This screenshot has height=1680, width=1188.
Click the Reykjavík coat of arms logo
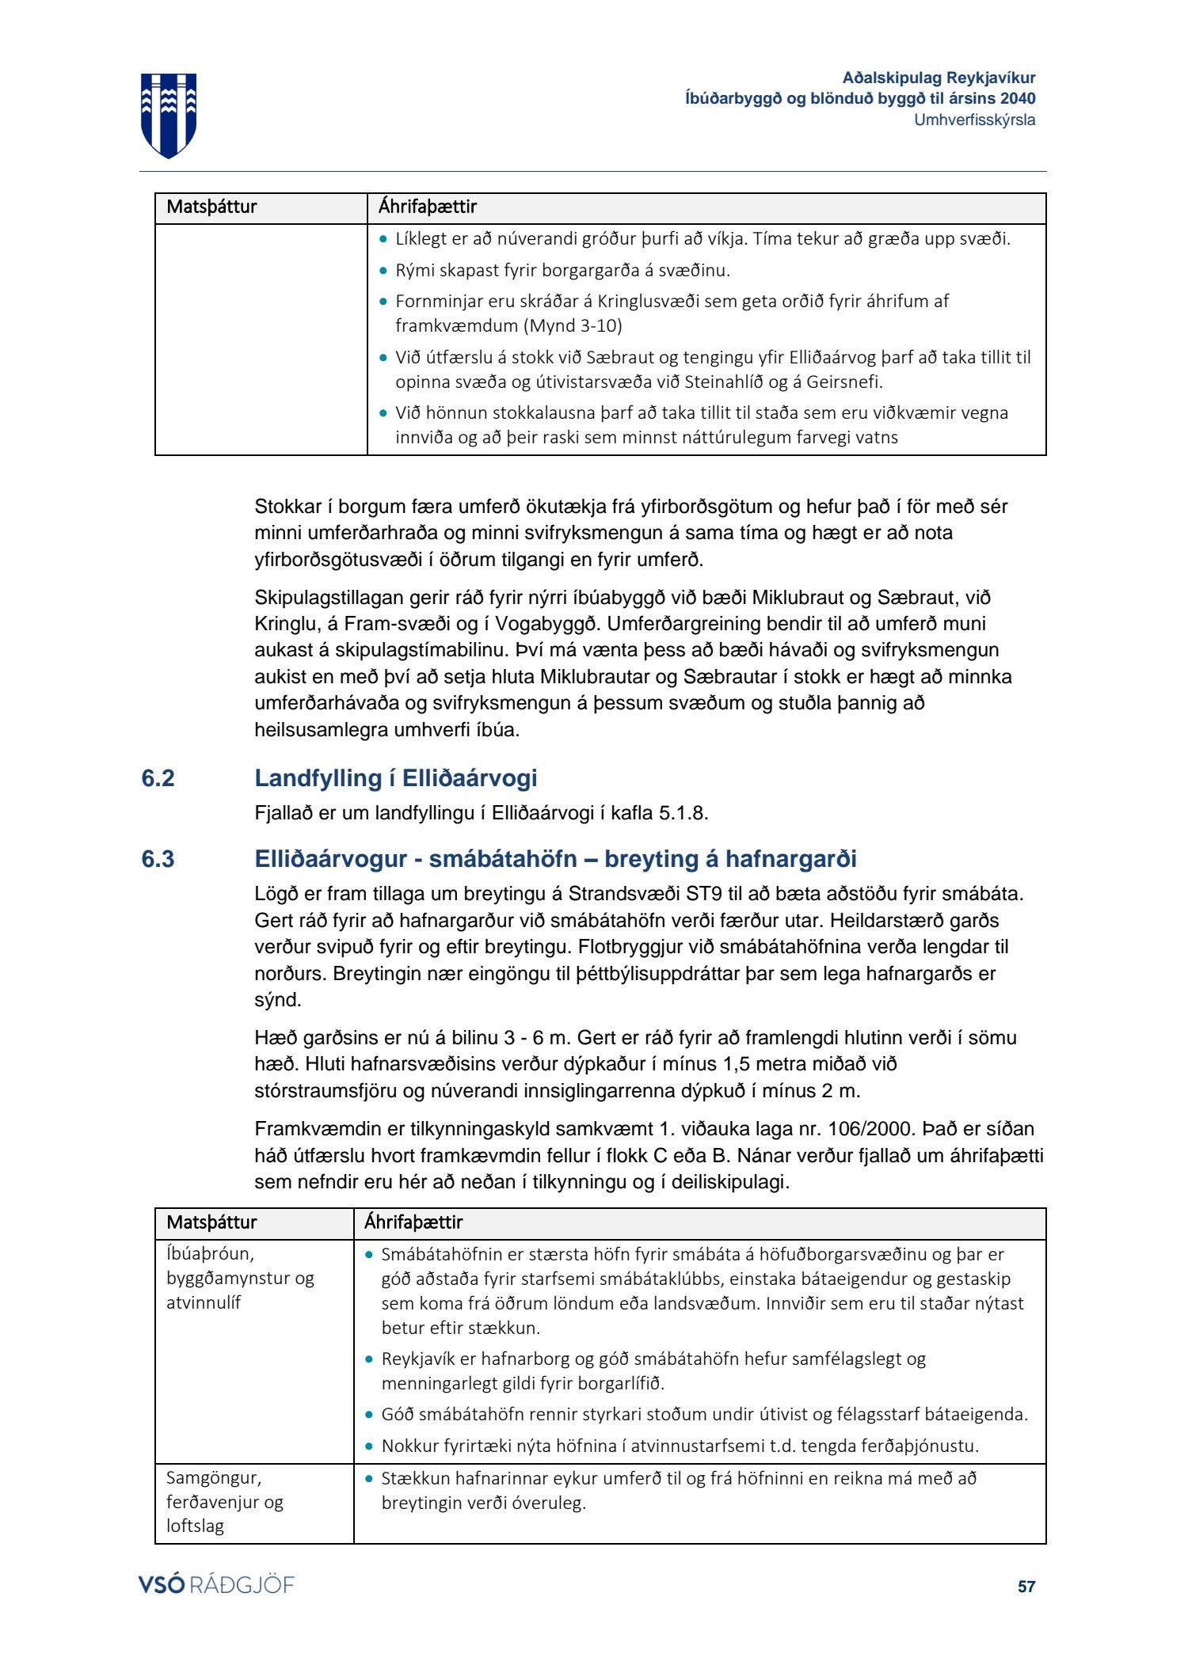pos(168,115)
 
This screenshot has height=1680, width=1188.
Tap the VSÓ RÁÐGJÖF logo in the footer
pos(215,1584)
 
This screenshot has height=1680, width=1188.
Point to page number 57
pos(1026,1586)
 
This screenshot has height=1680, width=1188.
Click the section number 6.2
pos(158,778)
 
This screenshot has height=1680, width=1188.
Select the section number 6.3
pos(158,859)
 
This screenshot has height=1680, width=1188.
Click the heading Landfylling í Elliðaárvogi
pos(395,778)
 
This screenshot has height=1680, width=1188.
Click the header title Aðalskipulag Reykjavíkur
pos(939,78)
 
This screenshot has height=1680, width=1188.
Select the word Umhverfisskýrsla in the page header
pos(974,120)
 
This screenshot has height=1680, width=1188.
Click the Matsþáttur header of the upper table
pos(211,207)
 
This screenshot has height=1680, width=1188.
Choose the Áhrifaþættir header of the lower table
pos(413,1222)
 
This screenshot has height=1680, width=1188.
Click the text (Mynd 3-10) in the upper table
pos(573,325)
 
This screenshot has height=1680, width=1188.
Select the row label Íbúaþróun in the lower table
pos(209,1254)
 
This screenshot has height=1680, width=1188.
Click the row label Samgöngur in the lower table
pos(213,1478)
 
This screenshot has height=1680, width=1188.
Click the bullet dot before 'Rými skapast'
pos(384,271)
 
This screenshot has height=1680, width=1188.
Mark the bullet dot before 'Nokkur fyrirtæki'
pos(370,1446)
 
